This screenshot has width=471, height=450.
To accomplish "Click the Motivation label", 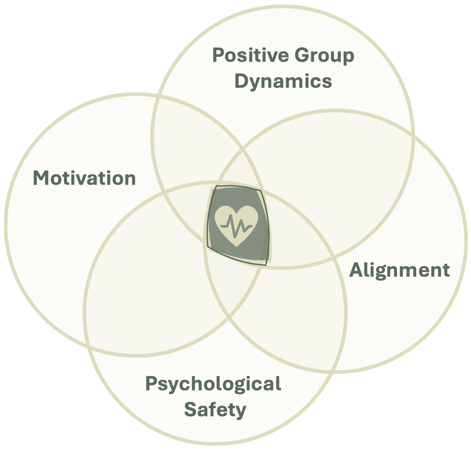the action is (84, 178).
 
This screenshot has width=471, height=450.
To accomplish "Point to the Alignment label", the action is (400, 270).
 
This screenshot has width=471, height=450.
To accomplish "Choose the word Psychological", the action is (213, 384).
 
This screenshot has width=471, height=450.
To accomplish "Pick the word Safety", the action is (215, 410).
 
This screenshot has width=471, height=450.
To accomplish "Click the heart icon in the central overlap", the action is (236, 225).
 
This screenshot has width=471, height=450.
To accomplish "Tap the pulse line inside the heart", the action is (237, 226).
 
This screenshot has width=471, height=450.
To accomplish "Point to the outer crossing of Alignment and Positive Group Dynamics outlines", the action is (413, 134).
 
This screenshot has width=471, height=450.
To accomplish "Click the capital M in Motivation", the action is (41, 178).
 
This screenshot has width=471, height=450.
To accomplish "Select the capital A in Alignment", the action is (356, 270).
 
